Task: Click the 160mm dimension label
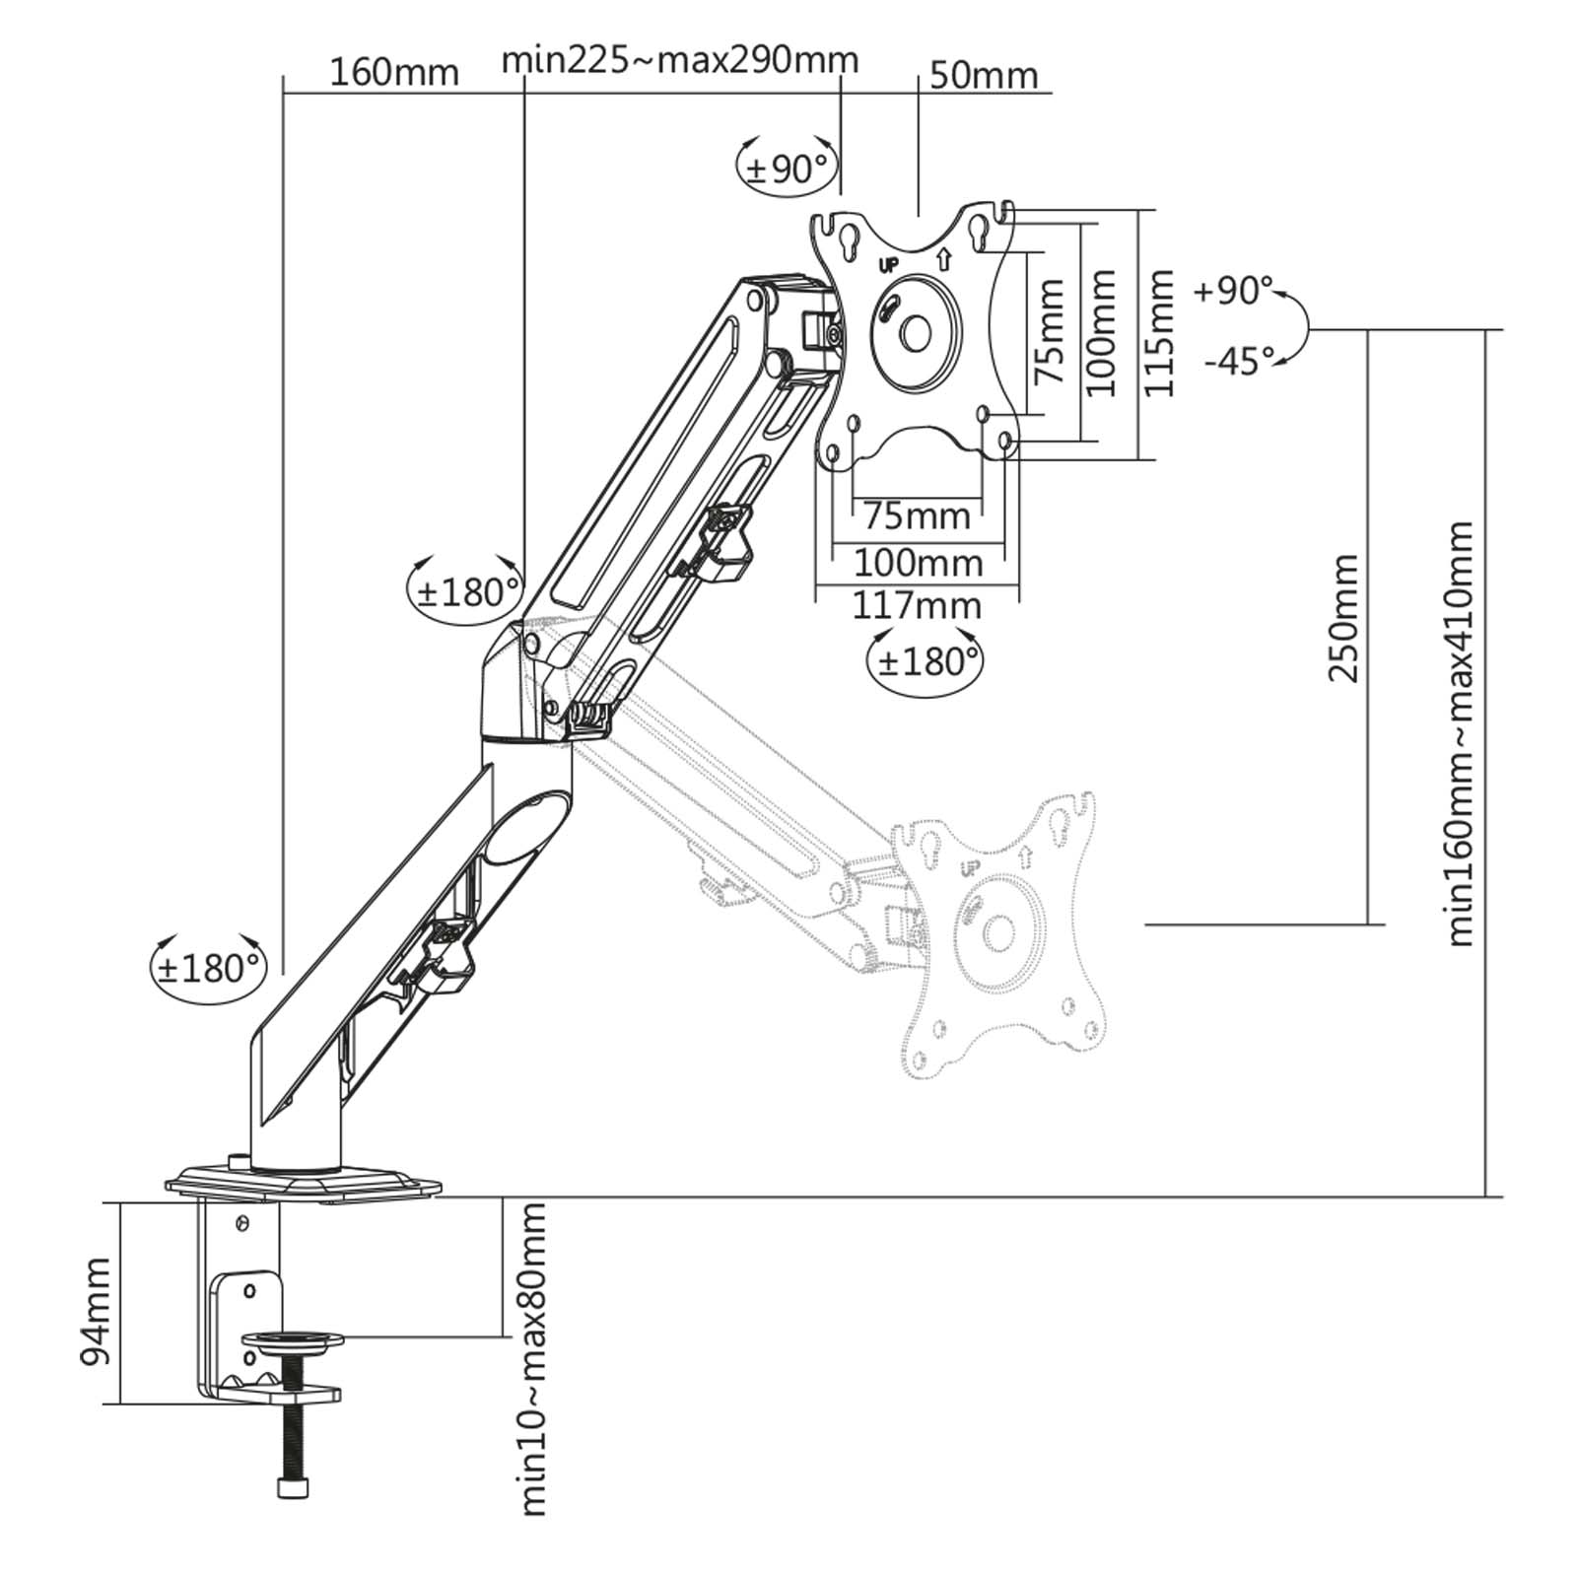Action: click(x=393, y=73)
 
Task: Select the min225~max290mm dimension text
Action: click(x=680, y=60)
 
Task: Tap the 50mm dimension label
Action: click(x=984, y=76)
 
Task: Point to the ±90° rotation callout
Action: click(x=786, y=169)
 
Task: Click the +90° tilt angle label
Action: click(x=1233, y=292)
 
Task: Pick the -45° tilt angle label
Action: click(x=1240, y=362)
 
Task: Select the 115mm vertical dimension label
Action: click(x=1159, y=332)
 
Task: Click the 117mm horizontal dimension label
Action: click(x=917, y=605)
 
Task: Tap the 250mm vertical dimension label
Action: click(x=1343, y=618)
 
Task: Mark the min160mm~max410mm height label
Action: click(x=1460, y=733)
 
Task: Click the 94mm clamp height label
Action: click(x=96, y=1311)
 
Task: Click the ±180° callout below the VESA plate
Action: click(x=925, y=661)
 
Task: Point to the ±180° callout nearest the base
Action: click(x=208, y=969)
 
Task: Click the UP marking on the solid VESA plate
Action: click(x=887, y=265)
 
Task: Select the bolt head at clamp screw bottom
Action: click(x=293, y=1516)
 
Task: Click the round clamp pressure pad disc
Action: click(x=294, y=1339)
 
